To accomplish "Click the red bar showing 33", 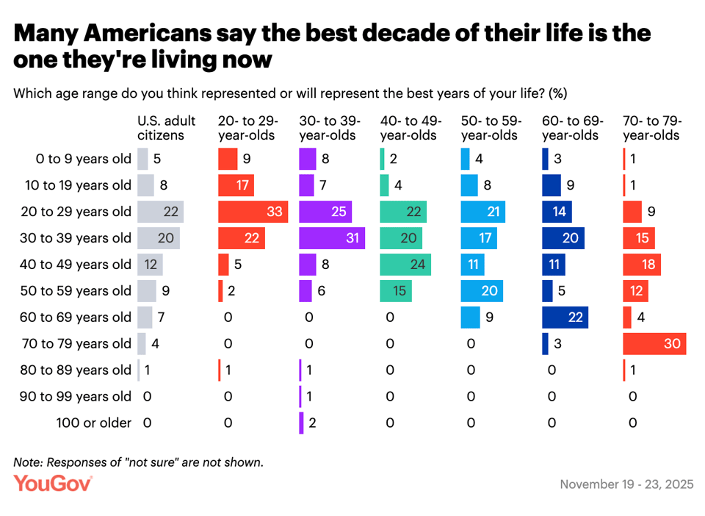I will [x=253, y=212].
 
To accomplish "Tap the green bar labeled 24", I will [x=405, y=265].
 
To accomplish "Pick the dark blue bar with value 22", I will [x=568, y=318].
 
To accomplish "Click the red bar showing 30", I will [x=654, y=344].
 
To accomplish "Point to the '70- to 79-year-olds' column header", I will [x=652, y=128].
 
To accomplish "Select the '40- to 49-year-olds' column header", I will [x=410, y=128].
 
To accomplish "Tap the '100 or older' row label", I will [x=94, y=423].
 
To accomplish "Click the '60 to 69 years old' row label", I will [x=77, y=318].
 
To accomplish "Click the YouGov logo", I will [x=53, y=484].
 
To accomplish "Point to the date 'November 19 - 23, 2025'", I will [x=626, y=484].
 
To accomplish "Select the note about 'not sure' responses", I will [x=138, y=462].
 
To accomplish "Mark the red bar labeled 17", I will [x=236, y=185].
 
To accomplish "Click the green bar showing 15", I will [x=396, y=291].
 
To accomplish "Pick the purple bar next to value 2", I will [x=302, y=423].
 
